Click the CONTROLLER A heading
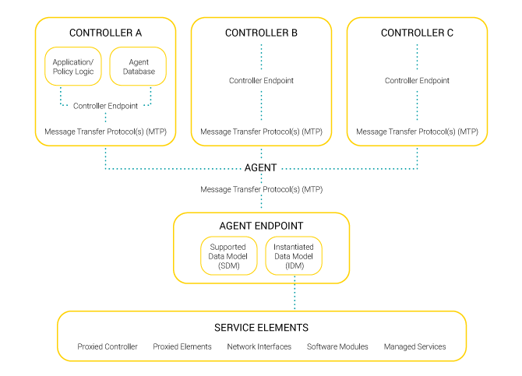105,33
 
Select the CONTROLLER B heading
261,33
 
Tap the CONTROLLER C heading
417,33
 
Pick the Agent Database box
137,66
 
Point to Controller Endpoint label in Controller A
105,105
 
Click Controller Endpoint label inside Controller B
261,80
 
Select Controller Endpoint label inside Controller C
417,80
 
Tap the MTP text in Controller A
105,132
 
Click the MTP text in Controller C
417,132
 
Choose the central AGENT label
261,167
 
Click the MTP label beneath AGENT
261,189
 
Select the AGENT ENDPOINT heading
261,226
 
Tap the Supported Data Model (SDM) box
228,256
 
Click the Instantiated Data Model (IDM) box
294,256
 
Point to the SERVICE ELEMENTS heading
261,328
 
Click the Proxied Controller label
108,346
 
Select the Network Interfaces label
259,346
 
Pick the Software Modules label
337,346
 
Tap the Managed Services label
414,346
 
